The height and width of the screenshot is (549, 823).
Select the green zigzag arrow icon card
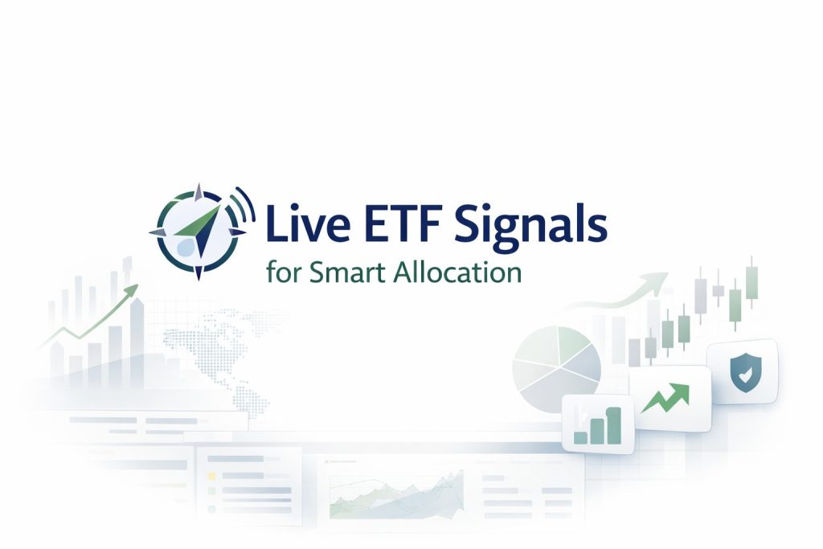pyautogui.click(x=669, y=398)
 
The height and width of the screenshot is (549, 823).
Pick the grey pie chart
pyautogui.click(x=557, y=366)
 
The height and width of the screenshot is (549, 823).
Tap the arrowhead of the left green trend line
pyautogui.click(x=133, y=289)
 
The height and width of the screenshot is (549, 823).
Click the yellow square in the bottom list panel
pyautogui.click(x=212, y=475)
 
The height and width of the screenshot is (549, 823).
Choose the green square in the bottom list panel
pyautogui.click(x=212, y=508)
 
